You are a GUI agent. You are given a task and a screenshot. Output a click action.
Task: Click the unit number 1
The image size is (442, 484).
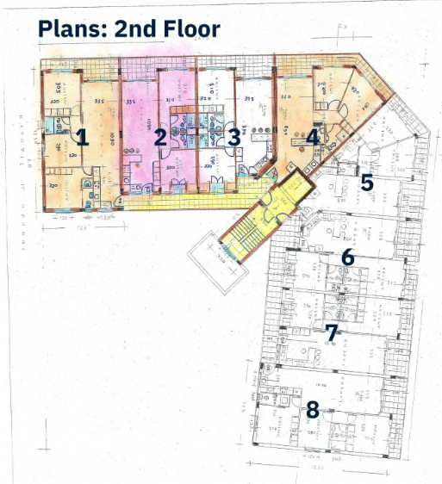tap(83, 136)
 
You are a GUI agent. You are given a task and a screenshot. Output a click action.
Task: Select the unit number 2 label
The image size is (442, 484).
tap(160, 136)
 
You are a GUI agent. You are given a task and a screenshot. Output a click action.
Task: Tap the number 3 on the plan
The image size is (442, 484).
tap(234, 137)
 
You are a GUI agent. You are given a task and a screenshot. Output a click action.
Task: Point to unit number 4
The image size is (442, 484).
tap(313, 136)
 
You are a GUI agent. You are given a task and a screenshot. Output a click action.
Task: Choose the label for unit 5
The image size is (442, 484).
tap(366, 183)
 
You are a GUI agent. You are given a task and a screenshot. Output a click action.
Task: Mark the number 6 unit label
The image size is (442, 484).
tap(348, 257)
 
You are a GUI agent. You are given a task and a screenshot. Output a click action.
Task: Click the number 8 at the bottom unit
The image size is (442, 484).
tap(313, 409)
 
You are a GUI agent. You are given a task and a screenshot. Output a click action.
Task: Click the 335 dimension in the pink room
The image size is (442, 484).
tap(132, 102)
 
